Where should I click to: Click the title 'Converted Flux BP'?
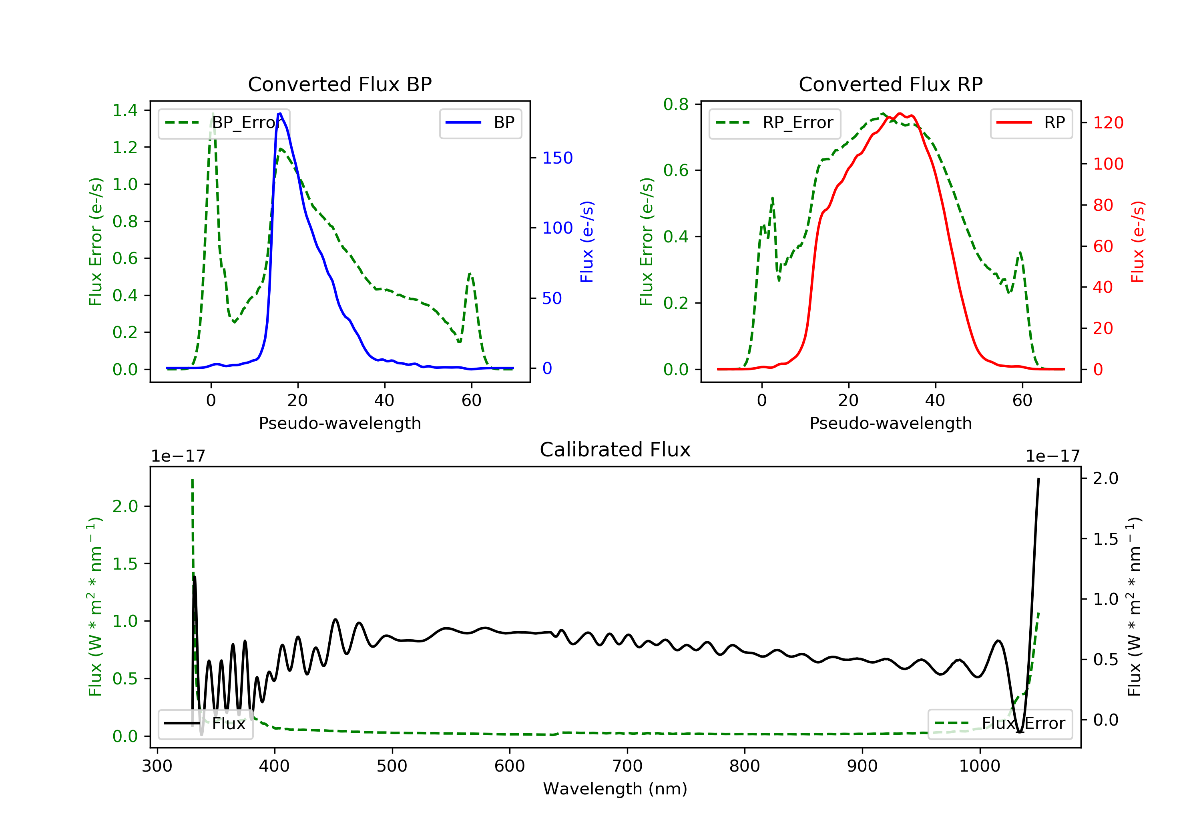pyautogui.click(x=339, y=84)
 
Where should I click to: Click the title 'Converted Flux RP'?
pyautogui.click(x=890, y=84)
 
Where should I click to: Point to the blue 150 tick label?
pyautogui.click(x=557, y=158)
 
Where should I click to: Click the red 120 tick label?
pyautogui.click(x=1108, y=123)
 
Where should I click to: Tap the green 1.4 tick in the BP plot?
pyautogui.click(x=125, y=110)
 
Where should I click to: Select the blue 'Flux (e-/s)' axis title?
pyautogui.click(x=587, y=242)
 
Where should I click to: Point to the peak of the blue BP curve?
pyautogui.click(x=280, y=114)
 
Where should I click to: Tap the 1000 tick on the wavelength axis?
pyautogui.click(x=979, y=766)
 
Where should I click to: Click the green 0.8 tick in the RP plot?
pyautogui.click(x=676, y=104)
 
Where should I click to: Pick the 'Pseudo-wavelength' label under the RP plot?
pyautogui.click(x=890, y=423)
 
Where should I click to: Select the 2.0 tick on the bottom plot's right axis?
pyautogui.click(x=1105, y=478)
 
